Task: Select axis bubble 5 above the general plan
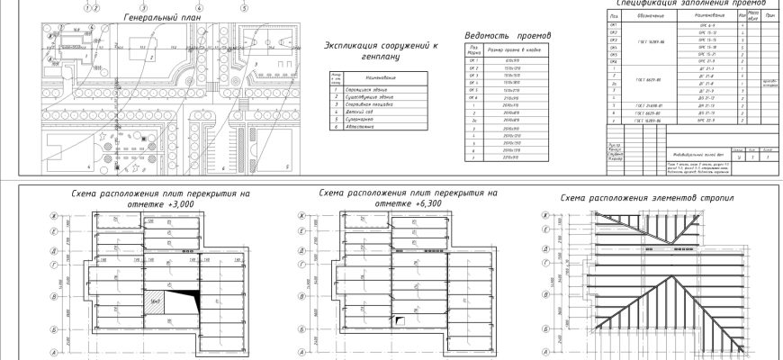point(244,4)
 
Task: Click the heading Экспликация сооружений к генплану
point(372,49)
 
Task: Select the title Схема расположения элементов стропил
point(646,197)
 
